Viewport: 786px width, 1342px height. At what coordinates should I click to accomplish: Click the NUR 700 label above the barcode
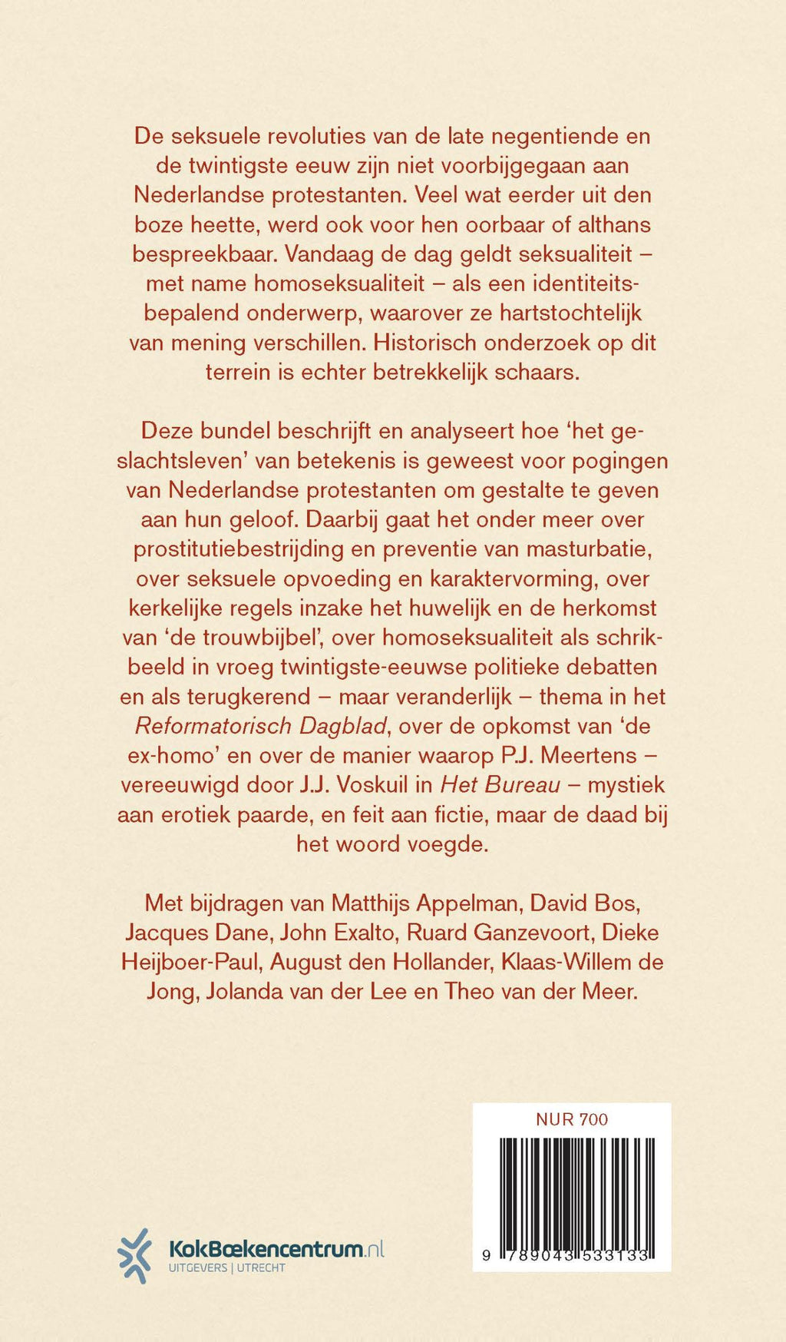pos(571,1119)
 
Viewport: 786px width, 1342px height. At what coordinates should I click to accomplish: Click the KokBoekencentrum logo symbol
pos(135,1255)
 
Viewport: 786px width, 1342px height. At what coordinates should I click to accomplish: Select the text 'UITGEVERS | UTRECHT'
pos(227,1268)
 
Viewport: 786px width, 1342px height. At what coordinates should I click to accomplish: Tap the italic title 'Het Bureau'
pos(500,785)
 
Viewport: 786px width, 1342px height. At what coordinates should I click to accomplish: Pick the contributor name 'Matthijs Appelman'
pos(427,903)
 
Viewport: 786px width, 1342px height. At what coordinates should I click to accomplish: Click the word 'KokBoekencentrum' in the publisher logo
pos(266,1249)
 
